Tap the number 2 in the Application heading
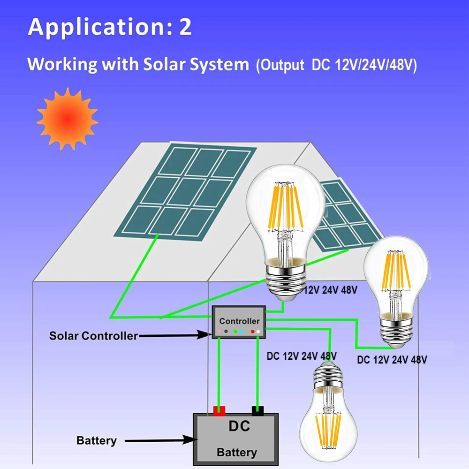click(x=185, y=27)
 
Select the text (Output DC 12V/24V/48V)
click(x=336, y=65)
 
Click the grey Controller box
click(x=239, y=322)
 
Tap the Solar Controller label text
click(x=94, y=336)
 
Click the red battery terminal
click(x=219, y=411)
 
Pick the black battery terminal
click(x=257, y=411)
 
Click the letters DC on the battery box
click(x=239, y=426)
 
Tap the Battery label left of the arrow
click(x=97, y=440)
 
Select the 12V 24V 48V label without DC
click(x=331, y=290)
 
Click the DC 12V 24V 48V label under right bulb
click(x=392, y=360)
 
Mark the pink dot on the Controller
click(x=219, y=332)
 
